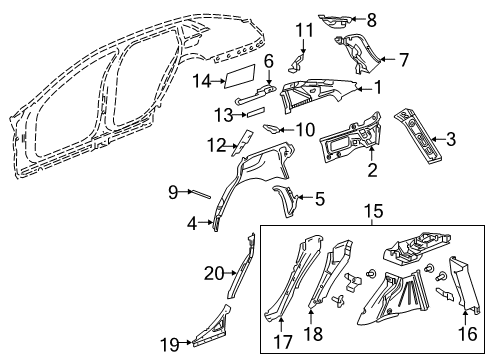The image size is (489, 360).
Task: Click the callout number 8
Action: pos(372,18)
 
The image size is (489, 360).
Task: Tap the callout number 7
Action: pos(403,60)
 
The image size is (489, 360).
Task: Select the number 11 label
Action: pos(303,30)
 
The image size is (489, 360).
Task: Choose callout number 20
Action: pos(213,271)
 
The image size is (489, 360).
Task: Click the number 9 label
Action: pos(172,190)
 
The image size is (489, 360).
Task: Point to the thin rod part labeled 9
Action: pos(200,195)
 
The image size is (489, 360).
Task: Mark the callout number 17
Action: pos(280,335)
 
